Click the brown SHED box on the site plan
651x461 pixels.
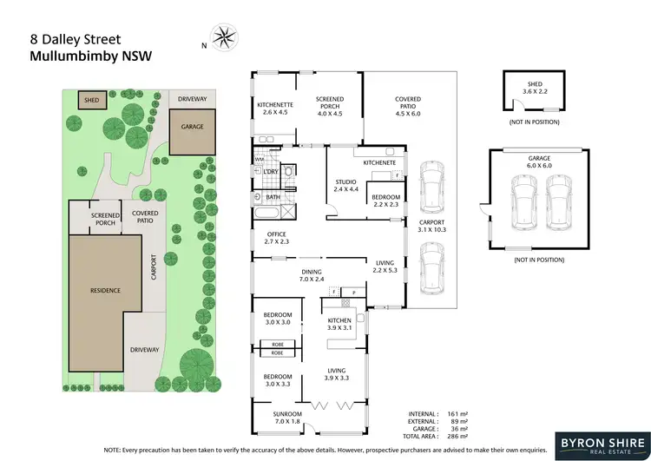coord(91,101)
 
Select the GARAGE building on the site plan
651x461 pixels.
coord(192,131)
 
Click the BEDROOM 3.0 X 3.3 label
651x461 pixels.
coord(279,380)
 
